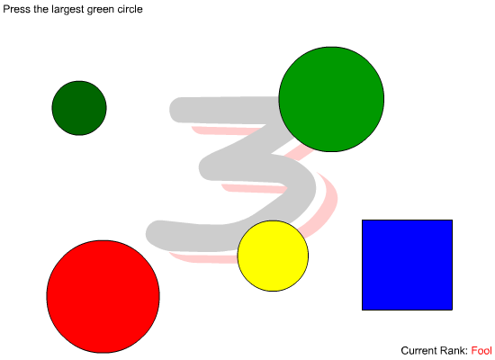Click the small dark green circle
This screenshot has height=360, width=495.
point(79,108)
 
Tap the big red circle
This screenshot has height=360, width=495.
point(103,296)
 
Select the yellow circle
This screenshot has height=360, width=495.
point(273,256)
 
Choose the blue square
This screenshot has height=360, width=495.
point(407,265)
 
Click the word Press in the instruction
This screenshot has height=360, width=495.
point(17,9)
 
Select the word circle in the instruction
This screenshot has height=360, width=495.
point(130,9)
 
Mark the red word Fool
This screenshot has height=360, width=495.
point(481,350)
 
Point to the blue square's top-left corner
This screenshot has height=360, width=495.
point(362,220)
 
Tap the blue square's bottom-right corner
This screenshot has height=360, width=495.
point(453,310)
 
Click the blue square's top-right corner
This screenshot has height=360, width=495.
point(453,220)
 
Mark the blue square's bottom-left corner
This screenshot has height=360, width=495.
point(362,310)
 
